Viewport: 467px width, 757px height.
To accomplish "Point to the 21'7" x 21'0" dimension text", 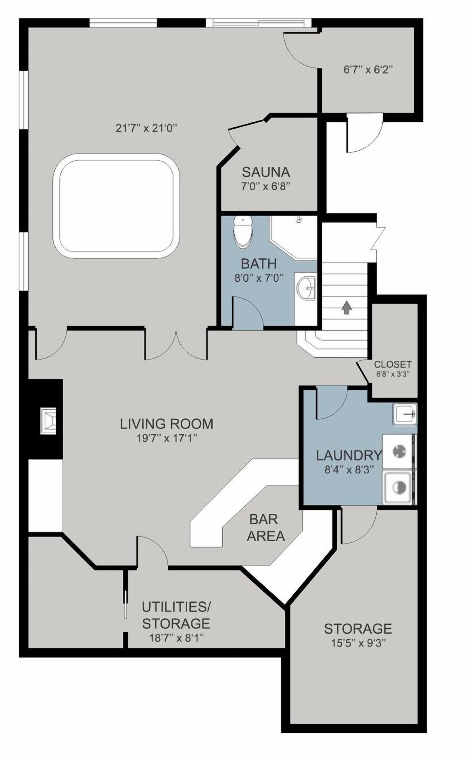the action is (x=147, y=128).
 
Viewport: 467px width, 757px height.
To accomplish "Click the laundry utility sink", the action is (x=405, y=413).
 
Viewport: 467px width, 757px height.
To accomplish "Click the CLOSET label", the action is (x=393, y=364).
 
